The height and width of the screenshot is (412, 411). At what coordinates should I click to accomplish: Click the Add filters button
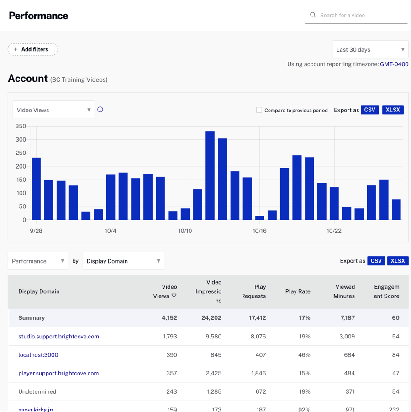point(32,49)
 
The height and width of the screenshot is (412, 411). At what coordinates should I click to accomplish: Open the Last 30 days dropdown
point(370,49)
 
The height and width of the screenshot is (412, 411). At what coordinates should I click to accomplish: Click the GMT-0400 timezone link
point(394,64)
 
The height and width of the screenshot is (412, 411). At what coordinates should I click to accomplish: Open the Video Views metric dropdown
point(53,110)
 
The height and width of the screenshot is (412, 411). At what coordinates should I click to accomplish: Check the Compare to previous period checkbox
point(259,110)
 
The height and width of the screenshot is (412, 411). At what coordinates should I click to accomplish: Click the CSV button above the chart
point(369,110)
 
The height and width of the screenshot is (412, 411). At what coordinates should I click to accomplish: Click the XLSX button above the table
point(398,261)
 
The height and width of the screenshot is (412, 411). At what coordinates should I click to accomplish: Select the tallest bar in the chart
point(210,175)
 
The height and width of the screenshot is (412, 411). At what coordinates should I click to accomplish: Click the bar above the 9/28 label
point(36,189)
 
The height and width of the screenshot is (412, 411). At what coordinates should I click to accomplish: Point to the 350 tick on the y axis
point(21,126)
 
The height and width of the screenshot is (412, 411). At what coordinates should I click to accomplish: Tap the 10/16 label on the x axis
point(259,231)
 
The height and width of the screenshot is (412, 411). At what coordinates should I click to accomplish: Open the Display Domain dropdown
point(123,261)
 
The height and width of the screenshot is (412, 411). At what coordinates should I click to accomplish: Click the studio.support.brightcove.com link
point(58,337)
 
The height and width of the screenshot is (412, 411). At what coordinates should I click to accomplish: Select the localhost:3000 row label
point(38,355)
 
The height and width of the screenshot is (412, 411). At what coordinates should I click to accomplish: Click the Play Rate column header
point(298,291)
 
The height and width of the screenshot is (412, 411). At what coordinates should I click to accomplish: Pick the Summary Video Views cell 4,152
point(169,318)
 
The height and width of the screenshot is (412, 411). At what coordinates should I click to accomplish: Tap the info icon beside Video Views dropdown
point(100,110)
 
